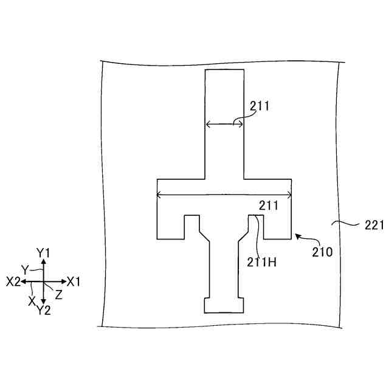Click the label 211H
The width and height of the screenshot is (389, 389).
coord(262,263)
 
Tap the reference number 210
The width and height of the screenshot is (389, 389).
coord(322,250)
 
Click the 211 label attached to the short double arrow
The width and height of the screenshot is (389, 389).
coord(260,106)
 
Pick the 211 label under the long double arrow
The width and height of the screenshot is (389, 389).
coord(269,205)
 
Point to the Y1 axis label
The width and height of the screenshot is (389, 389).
coord(43,252)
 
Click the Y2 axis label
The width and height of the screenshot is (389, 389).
coord(43,311)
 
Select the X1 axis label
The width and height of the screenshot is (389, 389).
coord(74,282)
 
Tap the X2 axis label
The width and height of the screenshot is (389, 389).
coord(13,282)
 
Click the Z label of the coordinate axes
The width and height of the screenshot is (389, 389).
coord(58,294)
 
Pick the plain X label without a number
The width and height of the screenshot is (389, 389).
coord(31,300)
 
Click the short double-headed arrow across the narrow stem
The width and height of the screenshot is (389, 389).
coord(224,124)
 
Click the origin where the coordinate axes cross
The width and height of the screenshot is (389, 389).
coord(43,281)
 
